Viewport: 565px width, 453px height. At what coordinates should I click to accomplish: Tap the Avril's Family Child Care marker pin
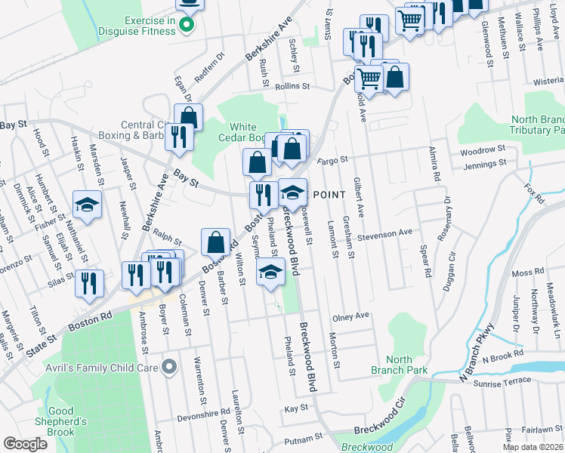click(x=169, y=368)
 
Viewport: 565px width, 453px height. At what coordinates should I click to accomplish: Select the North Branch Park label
click(x=399, y=365)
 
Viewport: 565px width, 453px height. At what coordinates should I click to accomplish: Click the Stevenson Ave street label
click(x=385, y=234)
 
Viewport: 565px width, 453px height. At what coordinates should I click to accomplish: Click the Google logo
click(x=25, y=444)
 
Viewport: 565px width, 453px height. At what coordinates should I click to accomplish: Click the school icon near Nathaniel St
click(x=87, y=205)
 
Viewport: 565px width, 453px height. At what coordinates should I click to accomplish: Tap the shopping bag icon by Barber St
click(x=215, y=243)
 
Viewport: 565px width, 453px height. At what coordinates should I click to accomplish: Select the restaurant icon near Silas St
click(x=88, y=283)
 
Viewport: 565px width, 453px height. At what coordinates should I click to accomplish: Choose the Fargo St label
click(x=332, y=160)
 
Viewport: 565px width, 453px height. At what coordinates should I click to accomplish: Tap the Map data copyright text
click(x=533, y=447)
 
